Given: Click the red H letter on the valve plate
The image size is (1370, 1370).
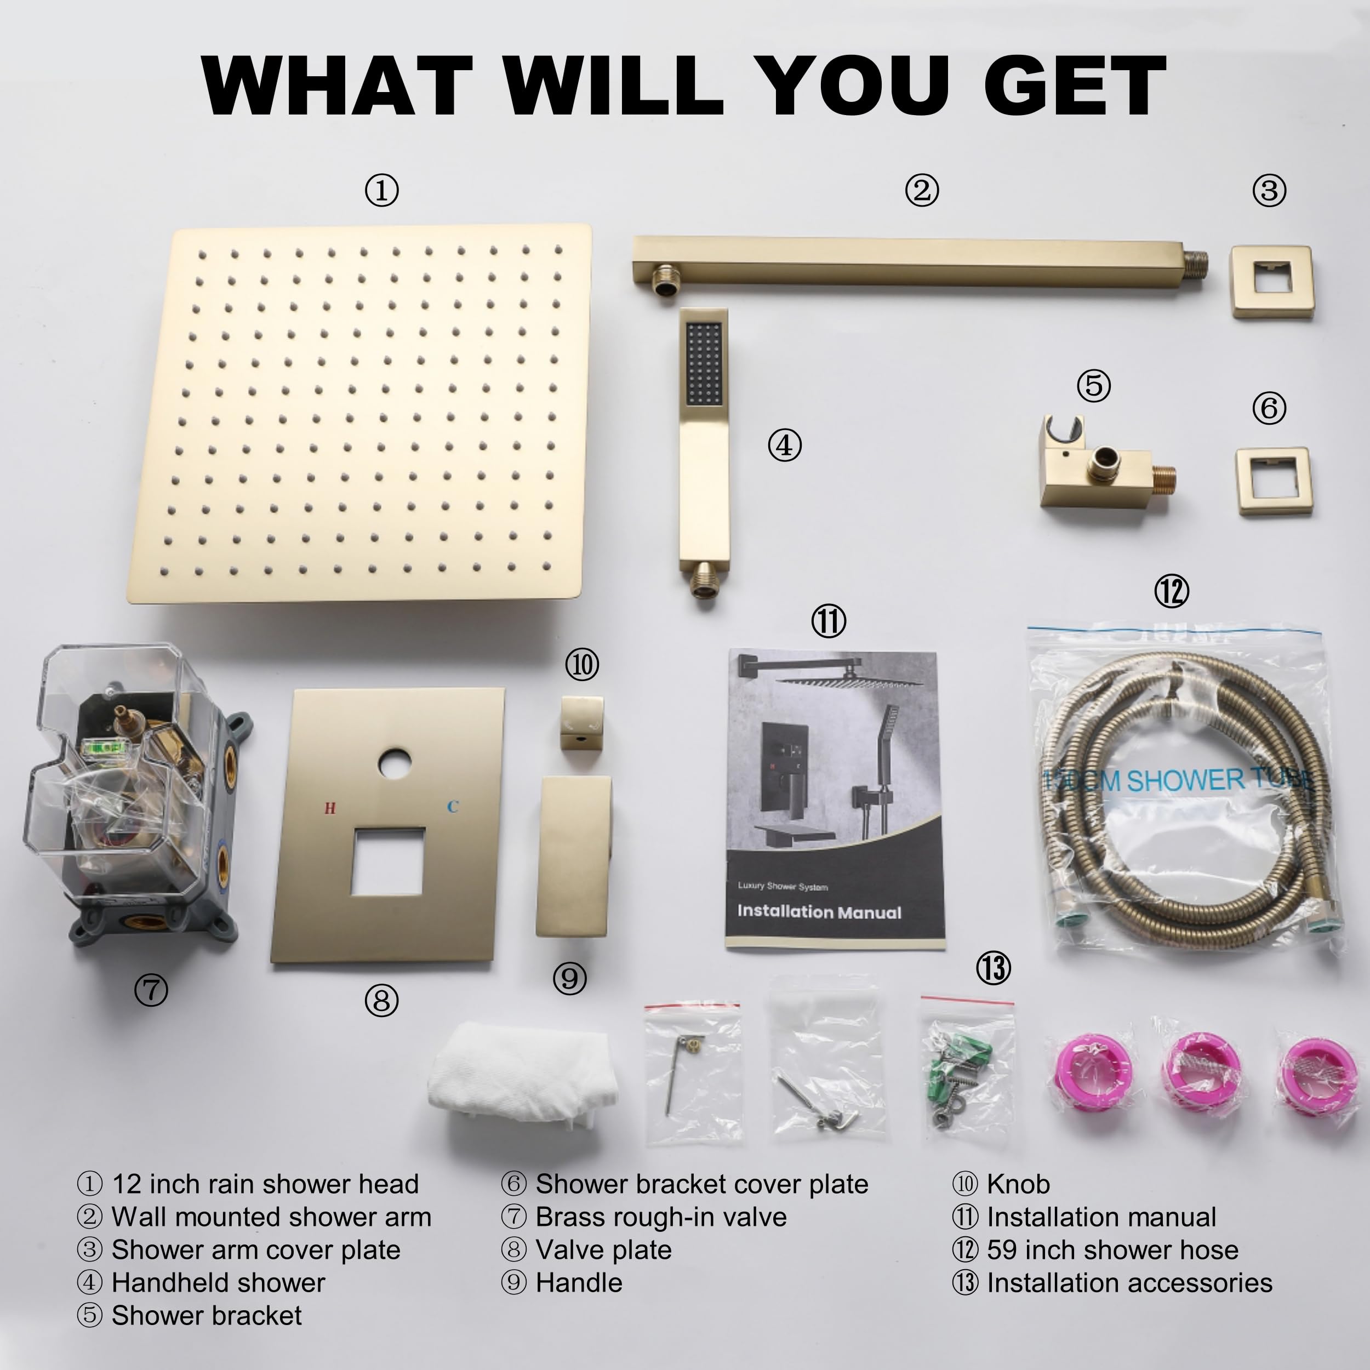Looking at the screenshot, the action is click(x=330, y=808).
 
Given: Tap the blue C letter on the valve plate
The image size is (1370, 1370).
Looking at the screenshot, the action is click(x=453, y=806).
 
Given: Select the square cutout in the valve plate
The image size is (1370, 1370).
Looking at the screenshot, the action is click(x=387, y=861).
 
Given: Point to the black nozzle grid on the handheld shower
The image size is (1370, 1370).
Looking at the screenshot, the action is click(x=704, y=364).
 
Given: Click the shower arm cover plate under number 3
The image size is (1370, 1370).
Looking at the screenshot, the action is click(x=1272, y=282).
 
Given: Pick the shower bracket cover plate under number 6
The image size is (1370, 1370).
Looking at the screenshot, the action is click(x=1274, y=481).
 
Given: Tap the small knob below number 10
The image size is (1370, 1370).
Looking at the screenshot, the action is click(x=582, y=723).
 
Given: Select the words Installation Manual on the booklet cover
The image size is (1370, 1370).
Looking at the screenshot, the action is click(x=819, y=912).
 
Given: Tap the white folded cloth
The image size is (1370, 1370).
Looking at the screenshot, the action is click(x=523, y=1071).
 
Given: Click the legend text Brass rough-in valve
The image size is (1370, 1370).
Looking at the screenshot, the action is click(x=661, y=1217).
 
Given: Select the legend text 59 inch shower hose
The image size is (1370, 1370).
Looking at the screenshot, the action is click(x=1112, y=1249).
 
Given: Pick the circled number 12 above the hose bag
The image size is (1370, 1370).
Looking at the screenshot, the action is click(x=1172, y=590).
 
